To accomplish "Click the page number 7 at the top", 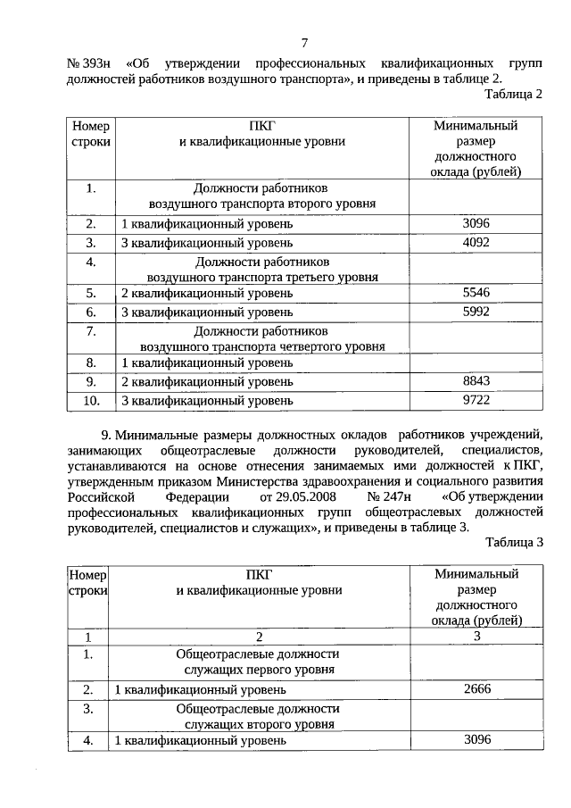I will (x=304, y=42).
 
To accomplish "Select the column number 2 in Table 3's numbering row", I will (x=259, y=637).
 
